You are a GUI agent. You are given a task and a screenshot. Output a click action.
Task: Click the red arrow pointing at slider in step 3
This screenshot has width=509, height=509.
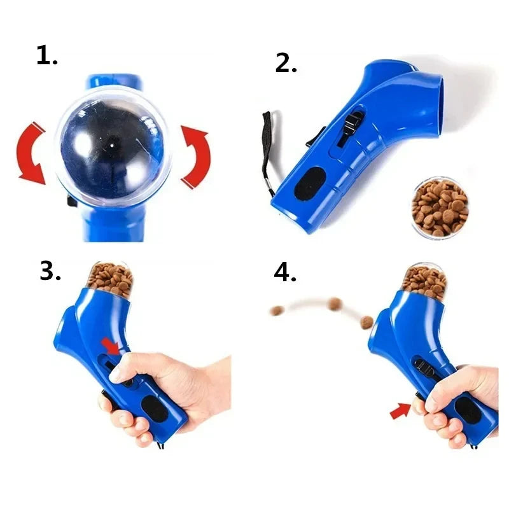[x=112, y=347]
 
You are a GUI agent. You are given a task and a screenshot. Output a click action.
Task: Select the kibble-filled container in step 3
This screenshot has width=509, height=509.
[x=110, y=279]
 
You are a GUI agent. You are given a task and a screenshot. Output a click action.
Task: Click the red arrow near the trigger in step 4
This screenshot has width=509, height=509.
[x=401, y=412]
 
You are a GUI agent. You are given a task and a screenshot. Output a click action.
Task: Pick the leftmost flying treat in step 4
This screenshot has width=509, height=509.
[x=277, y=311]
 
